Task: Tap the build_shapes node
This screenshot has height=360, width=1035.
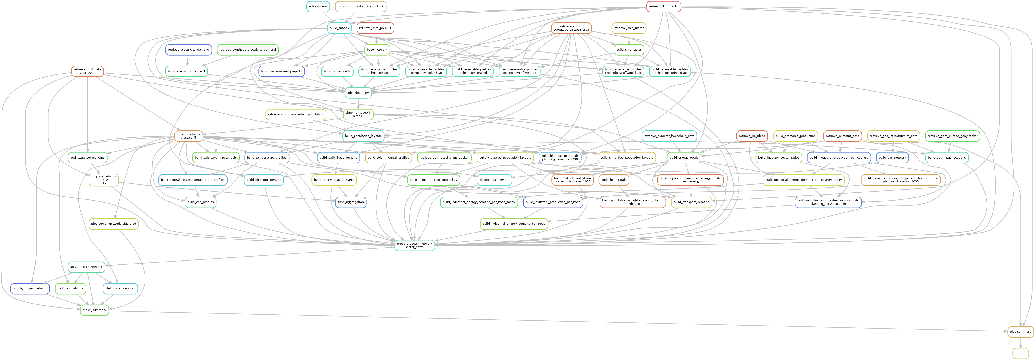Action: point(339,28)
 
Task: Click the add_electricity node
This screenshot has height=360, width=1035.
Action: point(358,93)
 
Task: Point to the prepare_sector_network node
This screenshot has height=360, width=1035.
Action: point(414,245)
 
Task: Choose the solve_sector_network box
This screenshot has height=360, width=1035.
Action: point(86,267)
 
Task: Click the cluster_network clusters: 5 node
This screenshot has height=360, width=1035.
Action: point(188,136)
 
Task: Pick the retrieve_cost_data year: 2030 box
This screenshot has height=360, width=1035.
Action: point(88,71)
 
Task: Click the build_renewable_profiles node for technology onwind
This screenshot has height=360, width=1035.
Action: point(473,71)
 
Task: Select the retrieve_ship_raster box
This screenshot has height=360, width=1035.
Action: point(629,28)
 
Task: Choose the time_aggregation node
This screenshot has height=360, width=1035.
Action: point(351,202)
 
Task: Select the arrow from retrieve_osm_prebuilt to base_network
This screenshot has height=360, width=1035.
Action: point(376,39)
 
